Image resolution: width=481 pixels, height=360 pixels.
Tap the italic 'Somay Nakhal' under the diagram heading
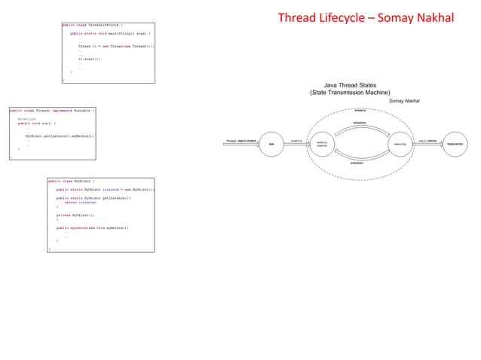(403, 101)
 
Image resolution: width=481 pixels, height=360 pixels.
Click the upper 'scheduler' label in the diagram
(360, 122)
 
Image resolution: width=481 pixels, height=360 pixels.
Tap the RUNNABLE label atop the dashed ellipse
(360, 111)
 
